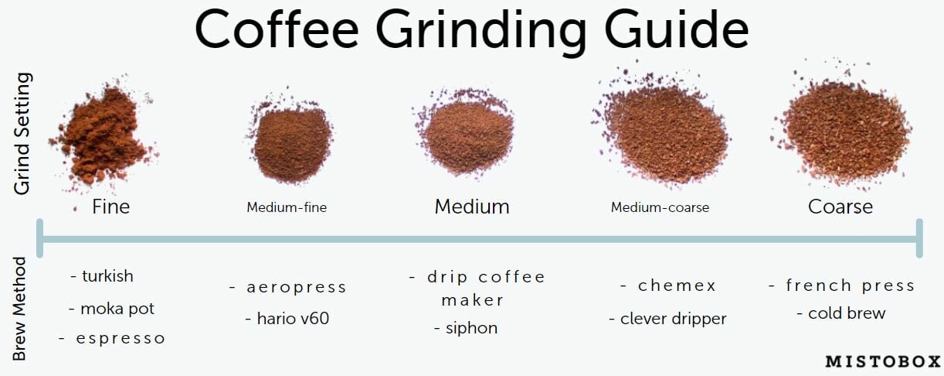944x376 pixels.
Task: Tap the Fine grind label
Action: click(x=110, y=207)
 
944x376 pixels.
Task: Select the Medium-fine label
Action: click(x=287, y=207)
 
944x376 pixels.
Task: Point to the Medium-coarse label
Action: click(x=660, y=207)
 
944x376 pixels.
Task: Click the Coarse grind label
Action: click(x=840, y=207)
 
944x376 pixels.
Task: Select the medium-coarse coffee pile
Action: click(x=664, y=131)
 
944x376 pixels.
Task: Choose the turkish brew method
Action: click(x=102, y=276)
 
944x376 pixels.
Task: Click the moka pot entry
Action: click(x=112, y=309)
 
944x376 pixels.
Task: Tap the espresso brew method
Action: click(x=112, y=338)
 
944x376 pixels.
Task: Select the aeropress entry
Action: click(x=288, y=287)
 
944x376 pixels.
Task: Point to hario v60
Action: click(x=287, y=319)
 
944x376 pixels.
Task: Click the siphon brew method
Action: click(x=466, y=328)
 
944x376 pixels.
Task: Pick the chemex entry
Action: click(x=668, y=285)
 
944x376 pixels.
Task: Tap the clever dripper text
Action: click(x=668, y=319)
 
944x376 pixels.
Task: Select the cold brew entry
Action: click(x=841, y=313)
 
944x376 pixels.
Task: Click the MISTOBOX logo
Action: click(x=883, y=361)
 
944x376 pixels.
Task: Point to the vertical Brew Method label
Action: click(x=19, y=309)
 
